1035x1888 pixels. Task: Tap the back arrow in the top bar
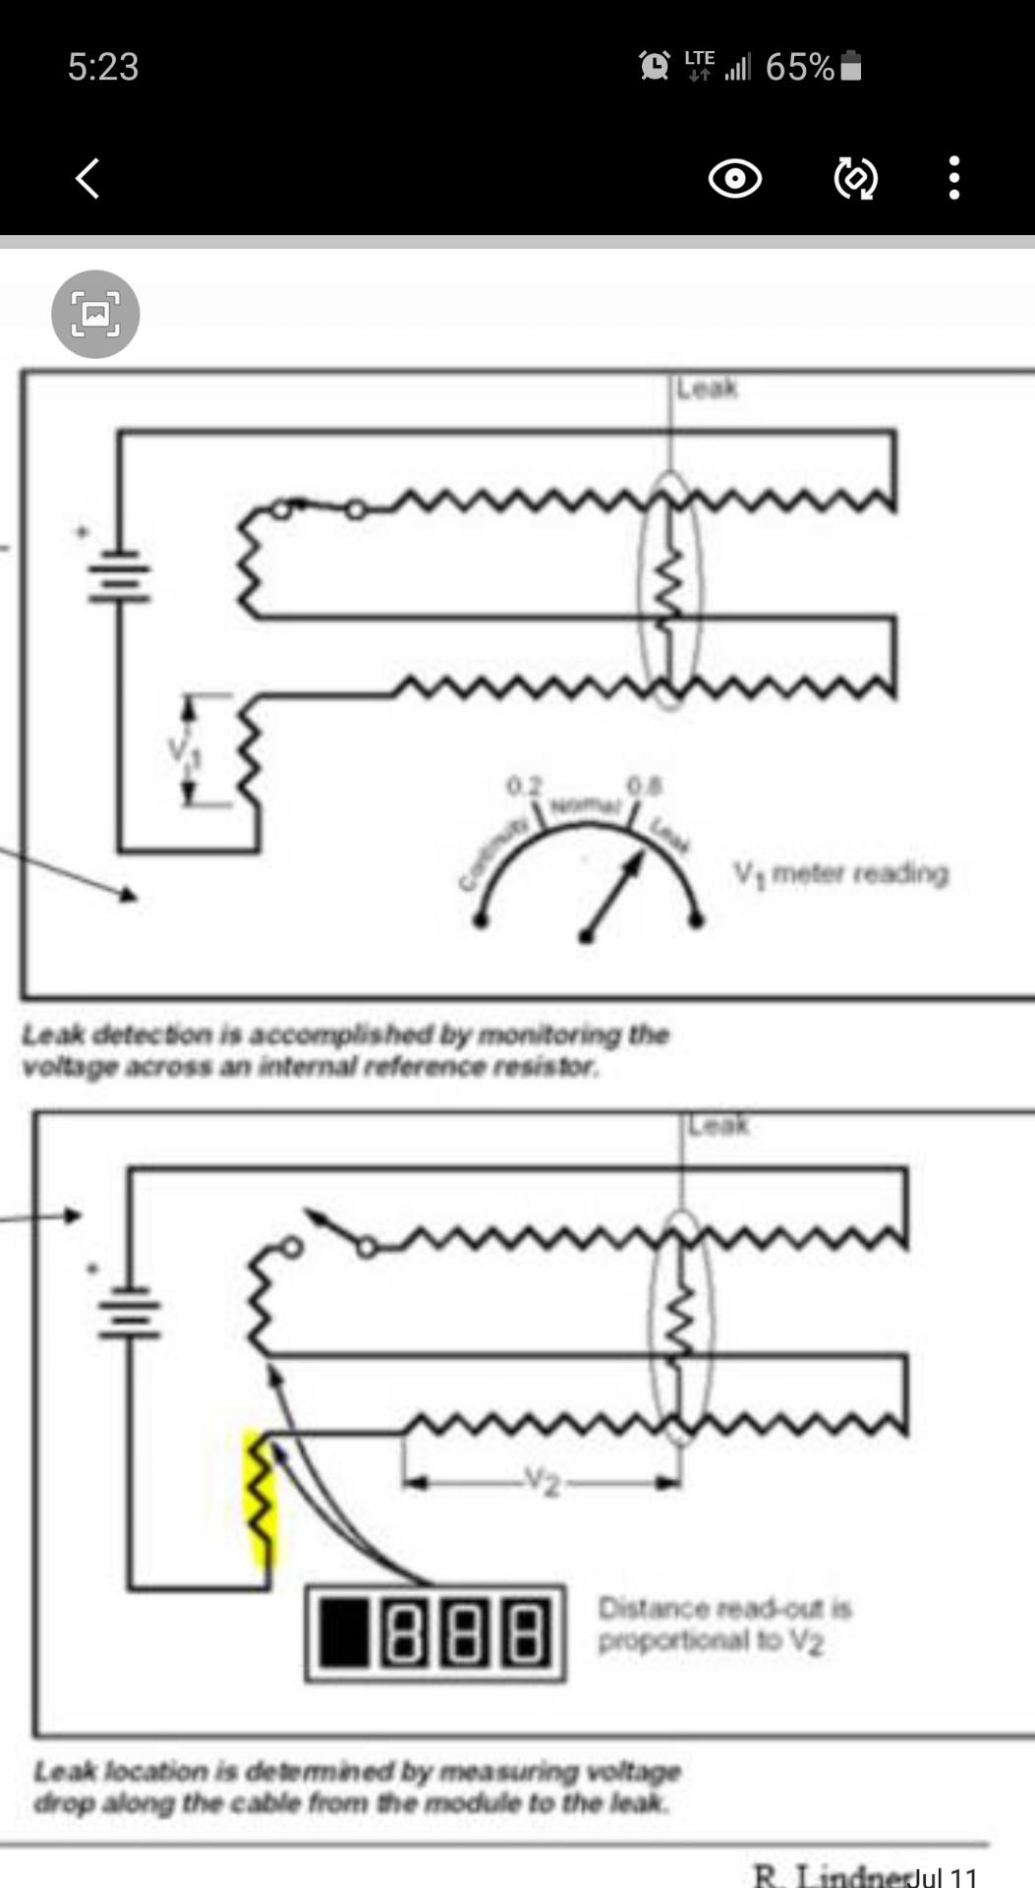88,179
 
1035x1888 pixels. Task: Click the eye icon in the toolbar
734,179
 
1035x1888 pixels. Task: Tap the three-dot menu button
953,179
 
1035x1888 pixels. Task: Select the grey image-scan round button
95,315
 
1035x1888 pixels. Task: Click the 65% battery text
799,67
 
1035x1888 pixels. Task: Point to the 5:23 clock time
103,67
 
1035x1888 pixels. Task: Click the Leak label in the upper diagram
707,388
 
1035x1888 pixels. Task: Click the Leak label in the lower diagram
719,1124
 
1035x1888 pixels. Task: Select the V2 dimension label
541,1480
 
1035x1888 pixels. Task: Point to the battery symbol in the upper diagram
120,575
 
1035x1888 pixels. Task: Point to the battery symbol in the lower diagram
128,1312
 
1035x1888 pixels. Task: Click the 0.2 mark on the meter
524,787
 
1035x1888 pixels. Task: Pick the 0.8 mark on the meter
645,786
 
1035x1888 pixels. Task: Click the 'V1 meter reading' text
841,873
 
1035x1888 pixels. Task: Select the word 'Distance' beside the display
654,1609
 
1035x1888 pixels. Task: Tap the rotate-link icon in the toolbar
855,179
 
